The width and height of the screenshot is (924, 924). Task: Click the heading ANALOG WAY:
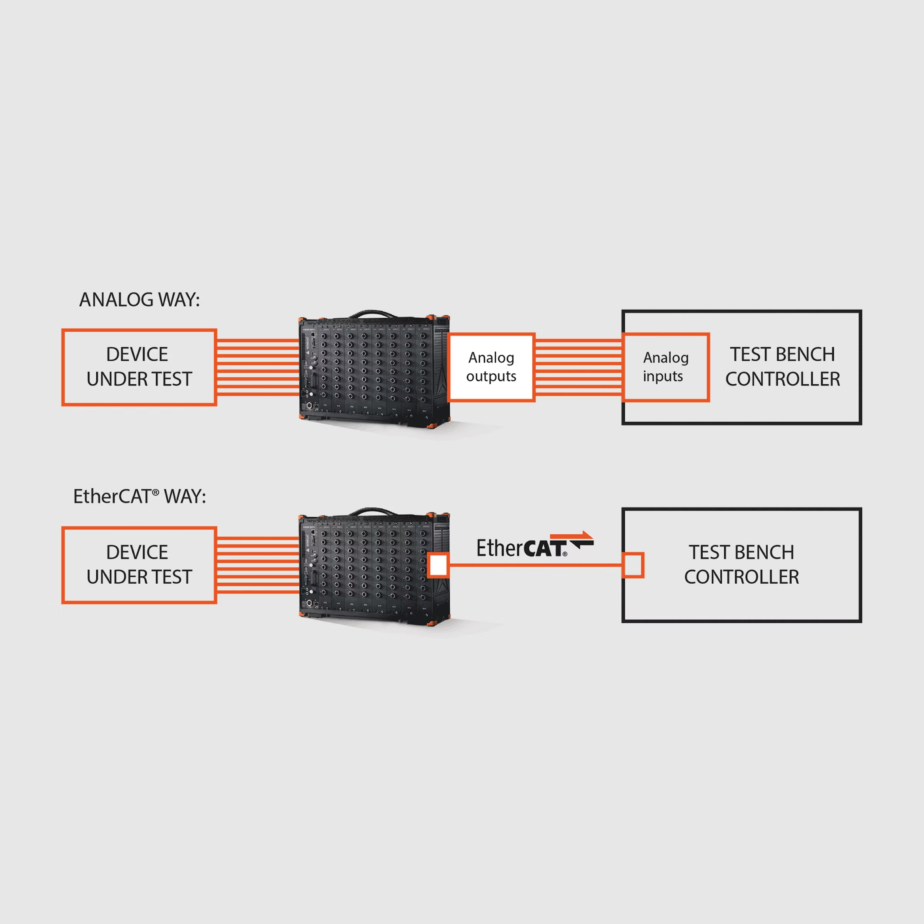coord(139,300)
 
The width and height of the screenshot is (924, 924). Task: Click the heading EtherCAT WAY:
coord(139,496)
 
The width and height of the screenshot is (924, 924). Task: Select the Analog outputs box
coord(491,367)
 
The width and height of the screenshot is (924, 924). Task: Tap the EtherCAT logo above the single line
coord(535,545)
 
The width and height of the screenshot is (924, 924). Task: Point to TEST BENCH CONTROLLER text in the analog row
coord(782,367)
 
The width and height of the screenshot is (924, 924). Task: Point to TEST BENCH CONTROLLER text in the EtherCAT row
coord(741,565)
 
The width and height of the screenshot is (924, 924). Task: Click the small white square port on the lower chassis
coord(438,565)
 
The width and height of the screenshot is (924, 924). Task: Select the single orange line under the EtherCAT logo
coord(536,565)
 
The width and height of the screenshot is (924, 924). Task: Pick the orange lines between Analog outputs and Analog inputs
coord(579,367)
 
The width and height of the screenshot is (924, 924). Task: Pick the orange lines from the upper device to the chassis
coord(258,367)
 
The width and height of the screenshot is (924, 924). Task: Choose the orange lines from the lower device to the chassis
coord(258,565)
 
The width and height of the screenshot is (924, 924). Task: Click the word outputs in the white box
coord(491,377)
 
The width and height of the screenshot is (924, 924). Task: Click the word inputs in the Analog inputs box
coord(663,377)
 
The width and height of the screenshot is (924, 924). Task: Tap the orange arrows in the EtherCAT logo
coord(572,539)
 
